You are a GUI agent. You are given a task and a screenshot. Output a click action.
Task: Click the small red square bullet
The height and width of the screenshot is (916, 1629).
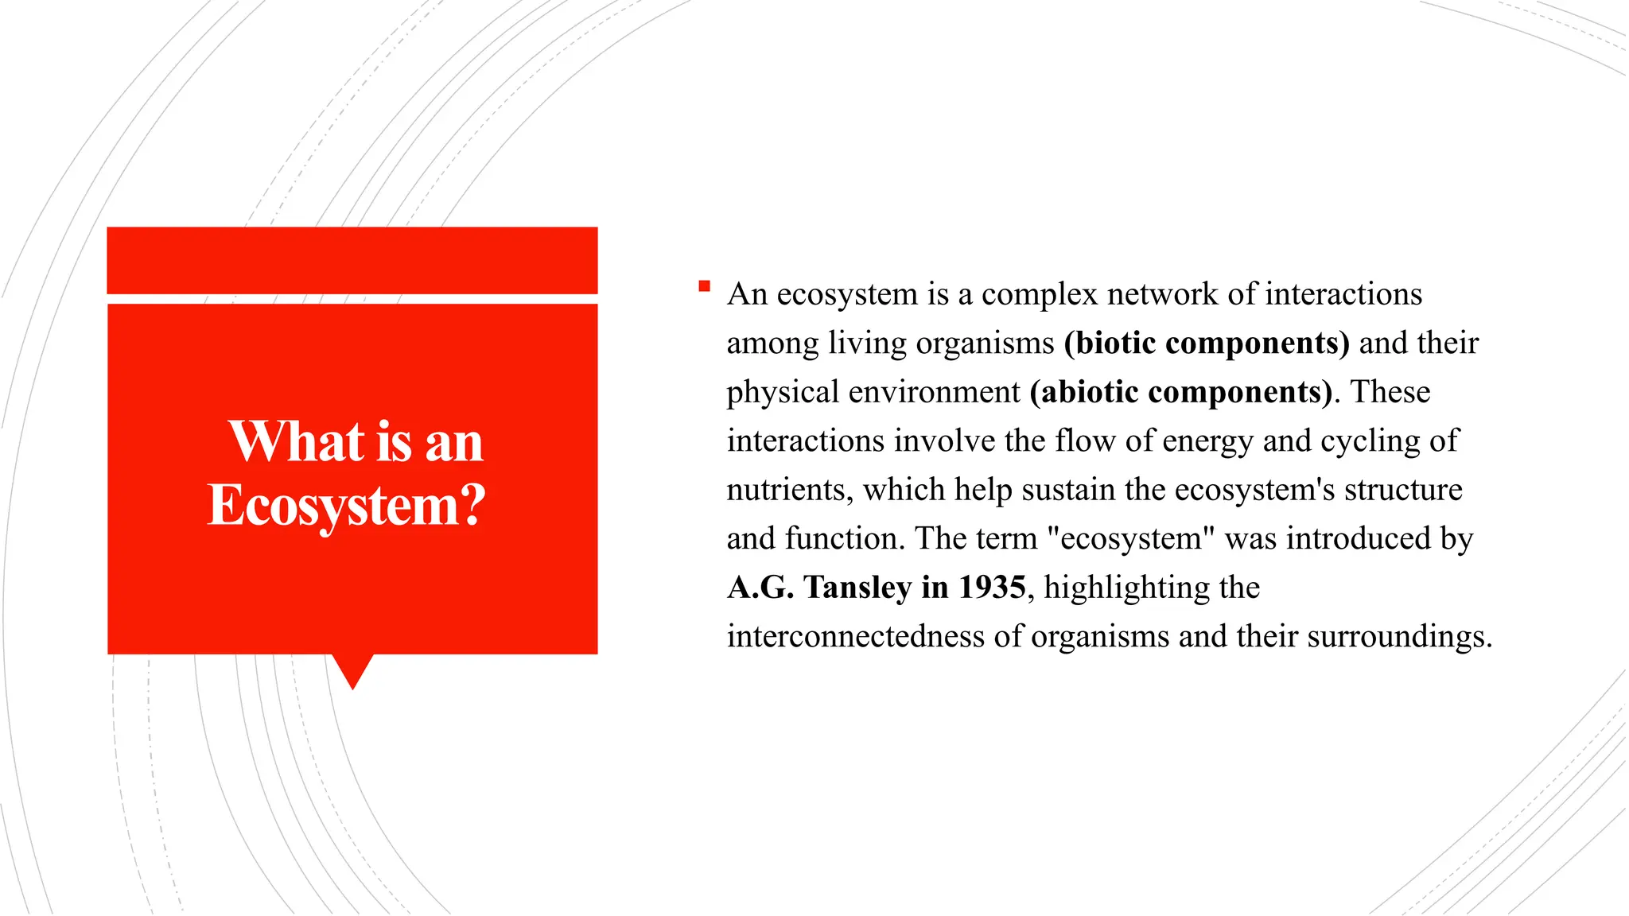704,286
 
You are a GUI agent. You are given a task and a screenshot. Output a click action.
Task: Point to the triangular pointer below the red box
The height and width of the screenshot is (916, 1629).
352,670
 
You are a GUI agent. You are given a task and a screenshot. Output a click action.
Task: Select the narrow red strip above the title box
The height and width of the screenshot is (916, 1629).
352,260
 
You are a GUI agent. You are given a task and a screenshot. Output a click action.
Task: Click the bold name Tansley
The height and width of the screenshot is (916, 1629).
857,588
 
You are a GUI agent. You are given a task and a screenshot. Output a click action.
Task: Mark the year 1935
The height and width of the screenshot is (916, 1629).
992,588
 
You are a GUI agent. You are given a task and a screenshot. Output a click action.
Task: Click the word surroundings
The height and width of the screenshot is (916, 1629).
1399,637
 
